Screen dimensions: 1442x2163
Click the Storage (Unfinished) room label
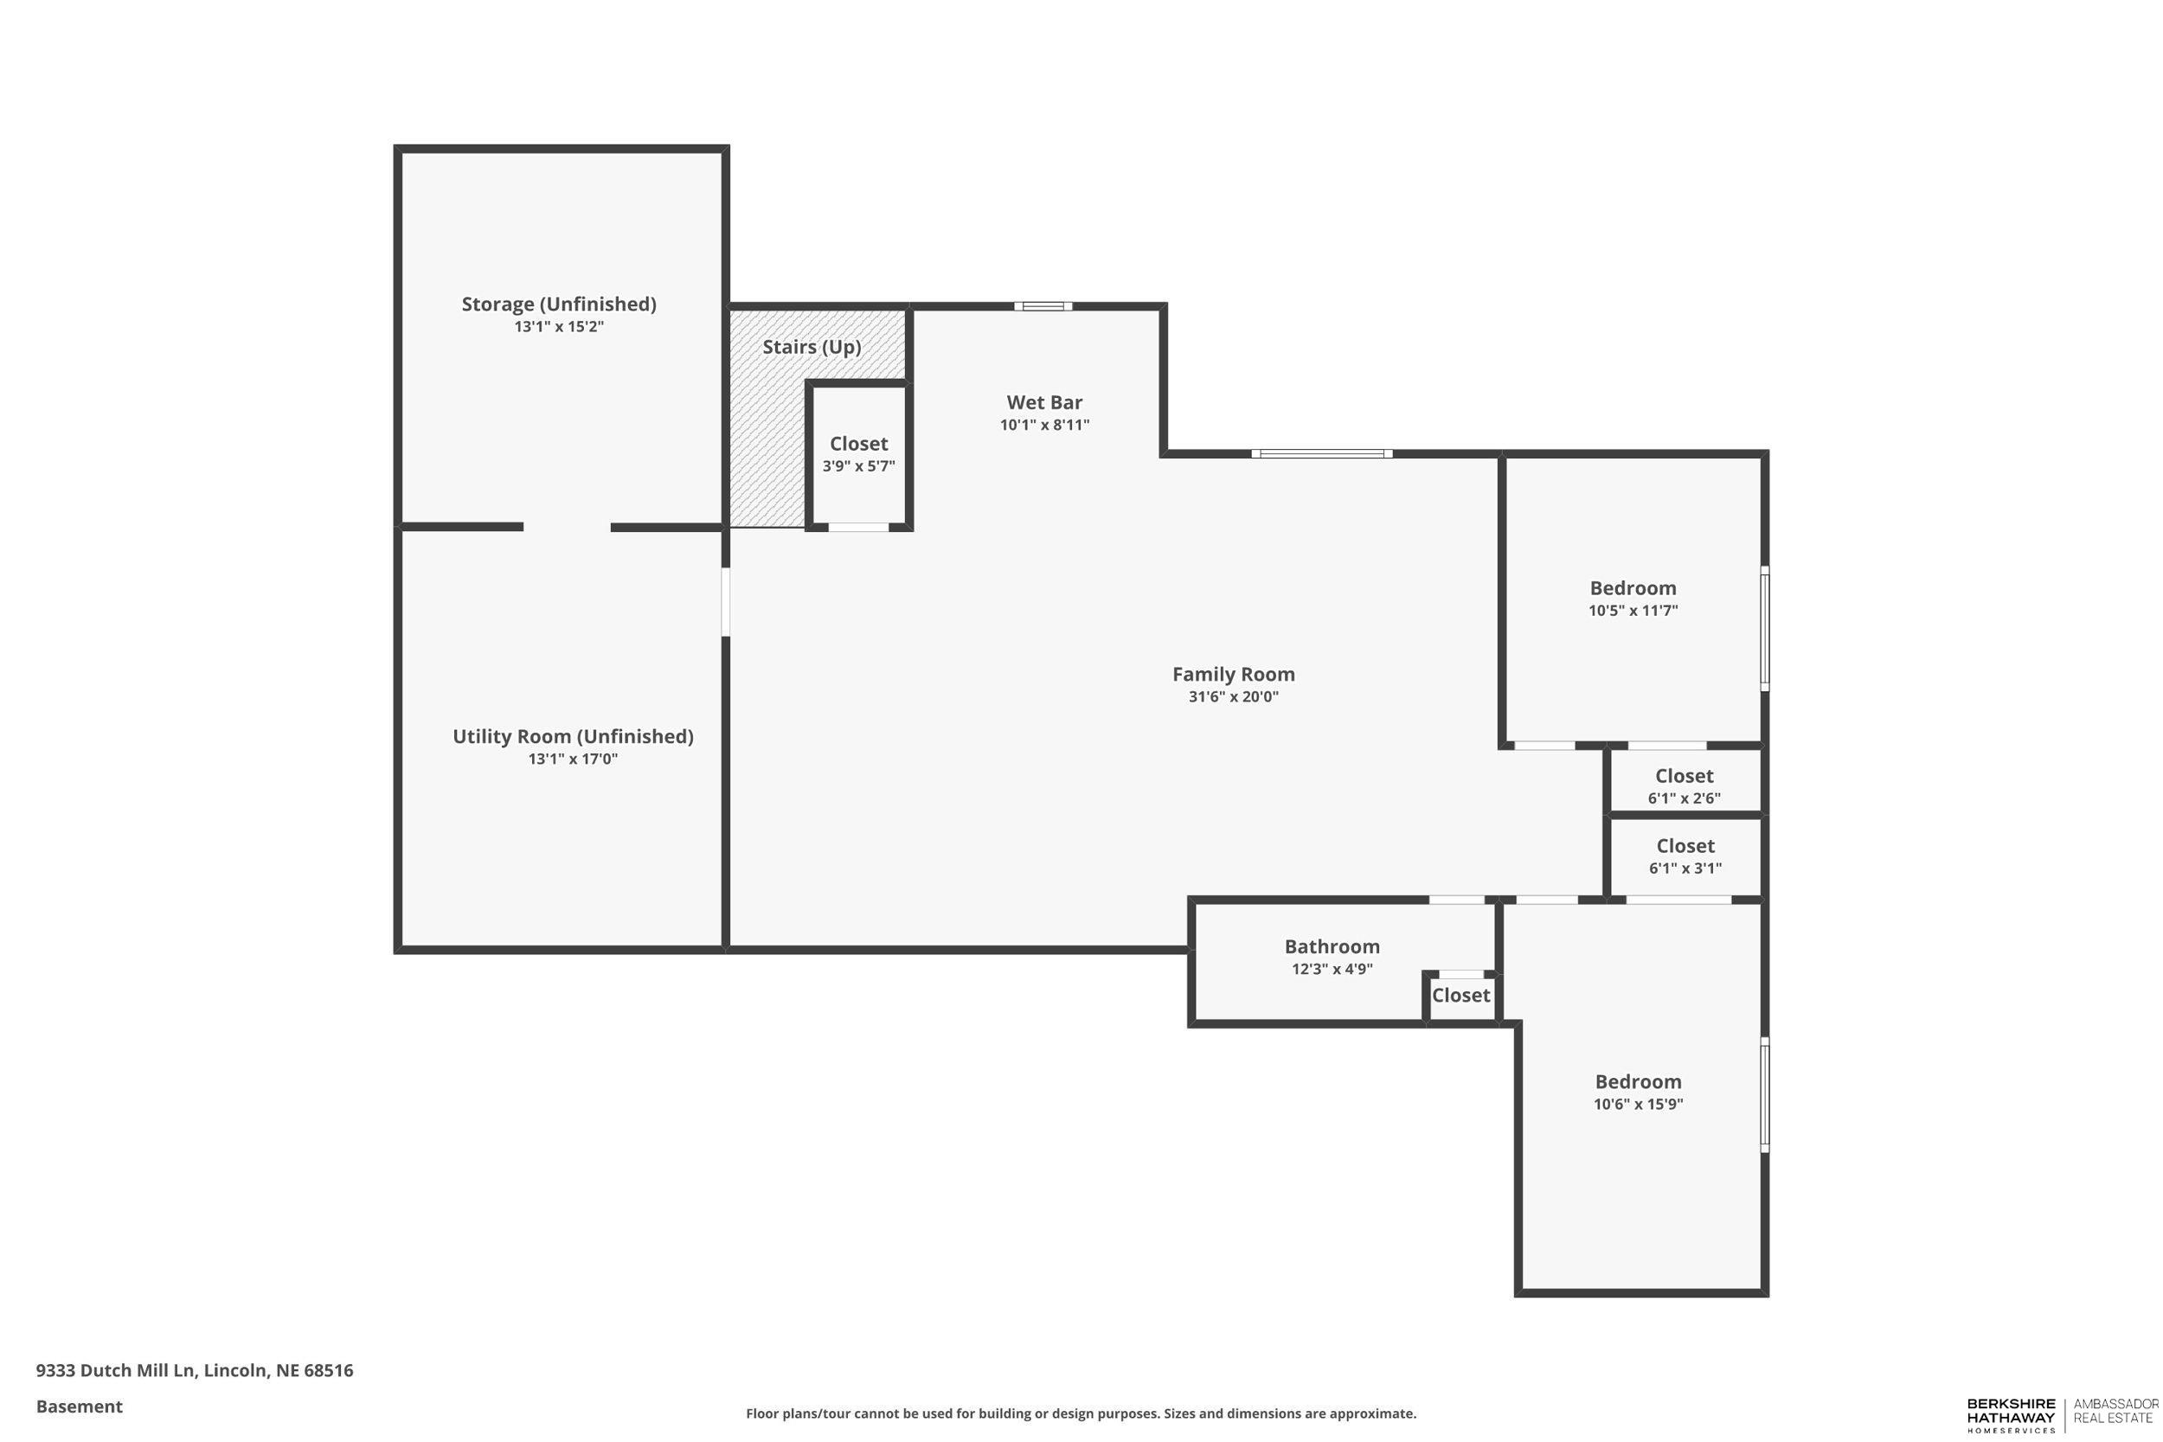coord(558,304)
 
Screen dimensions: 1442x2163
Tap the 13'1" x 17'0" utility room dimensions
coord(572,759)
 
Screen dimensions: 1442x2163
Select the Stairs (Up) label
coord(812,348)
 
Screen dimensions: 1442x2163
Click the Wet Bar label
coord(1043,403)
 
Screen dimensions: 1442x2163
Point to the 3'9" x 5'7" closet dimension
coord(858,466)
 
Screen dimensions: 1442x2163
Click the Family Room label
coord(1232,674)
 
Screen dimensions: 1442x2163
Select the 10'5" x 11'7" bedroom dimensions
coord(1633,611)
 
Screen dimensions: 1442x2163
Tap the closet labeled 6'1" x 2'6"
coord(1683,786)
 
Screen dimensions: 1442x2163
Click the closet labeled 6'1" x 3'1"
coord(1684,856)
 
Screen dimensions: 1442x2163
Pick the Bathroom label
coord(1331,946)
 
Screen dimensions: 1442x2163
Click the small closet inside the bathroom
coord(1460,996)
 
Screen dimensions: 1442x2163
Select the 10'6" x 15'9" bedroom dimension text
coord(1637,1105)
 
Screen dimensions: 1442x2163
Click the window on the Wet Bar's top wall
coord(1043,306)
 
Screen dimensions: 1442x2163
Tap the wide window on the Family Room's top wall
coord(1320,453)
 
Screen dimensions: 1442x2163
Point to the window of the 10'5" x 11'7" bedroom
coord(1764,628)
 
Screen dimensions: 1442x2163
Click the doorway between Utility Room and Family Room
coord(726,601)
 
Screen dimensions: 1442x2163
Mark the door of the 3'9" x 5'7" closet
coord(858,527)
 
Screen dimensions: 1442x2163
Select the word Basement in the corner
coord(79,1407)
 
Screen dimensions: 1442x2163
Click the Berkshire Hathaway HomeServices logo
coord(2011,1415)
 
